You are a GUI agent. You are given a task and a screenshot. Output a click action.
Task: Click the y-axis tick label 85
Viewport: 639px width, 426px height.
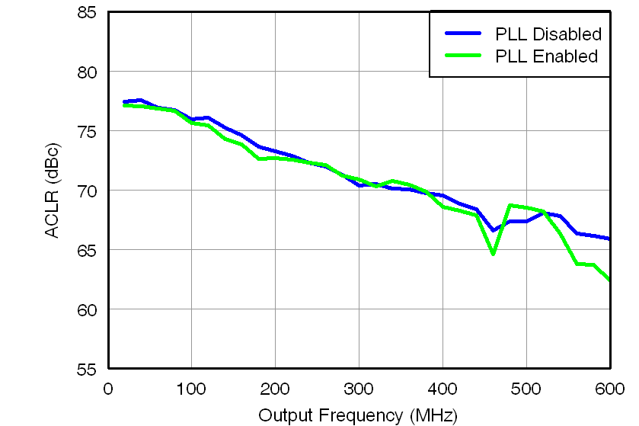click(x=86, y=13)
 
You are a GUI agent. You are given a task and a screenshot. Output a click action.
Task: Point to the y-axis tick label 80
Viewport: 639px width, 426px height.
click(x=86, y=72)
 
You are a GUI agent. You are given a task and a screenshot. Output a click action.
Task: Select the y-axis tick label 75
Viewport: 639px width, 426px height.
click(x=86, y=132)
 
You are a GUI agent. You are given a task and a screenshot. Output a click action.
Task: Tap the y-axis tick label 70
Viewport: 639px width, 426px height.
click(x=86, y=191)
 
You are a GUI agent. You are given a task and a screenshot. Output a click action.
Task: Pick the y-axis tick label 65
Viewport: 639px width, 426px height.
click(x=86, y=250)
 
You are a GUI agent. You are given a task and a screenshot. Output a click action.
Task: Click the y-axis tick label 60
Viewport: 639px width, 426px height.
click(x=86, y=309)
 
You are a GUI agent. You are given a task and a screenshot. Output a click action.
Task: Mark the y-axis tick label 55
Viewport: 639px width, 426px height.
click(x=86, y=369)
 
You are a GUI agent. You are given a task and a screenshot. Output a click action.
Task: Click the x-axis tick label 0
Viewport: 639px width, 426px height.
click(x=107, y=389)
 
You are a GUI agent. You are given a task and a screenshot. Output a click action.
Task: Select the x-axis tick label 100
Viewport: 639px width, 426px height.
click(x=191, y=389)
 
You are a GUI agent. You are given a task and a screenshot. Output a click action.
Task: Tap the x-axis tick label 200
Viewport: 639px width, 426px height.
click(x=275, y=389)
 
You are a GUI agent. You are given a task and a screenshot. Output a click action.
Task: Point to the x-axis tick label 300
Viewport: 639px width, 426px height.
click(x=359, y=389)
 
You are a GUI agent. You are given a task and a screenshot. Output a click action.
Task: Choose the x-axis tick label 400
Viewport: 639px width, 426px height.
click(x=443, y=389)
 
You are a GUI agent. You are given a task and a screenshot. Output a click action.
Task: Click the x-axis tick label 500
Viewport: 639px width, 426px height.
click(x=526, y=389)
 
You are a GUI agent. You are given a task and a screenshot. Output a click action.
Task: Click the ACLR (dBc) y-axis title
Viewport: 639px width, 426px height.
click(x=52, y=190)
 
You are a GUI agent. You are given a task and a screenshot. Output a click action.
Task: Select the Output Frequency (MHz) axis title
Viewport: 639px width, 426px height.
click(x=358, y=415)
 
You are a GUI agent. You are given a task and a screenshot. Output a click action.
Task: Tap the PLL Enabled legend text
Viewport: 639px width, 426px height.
click(x=546, y=56)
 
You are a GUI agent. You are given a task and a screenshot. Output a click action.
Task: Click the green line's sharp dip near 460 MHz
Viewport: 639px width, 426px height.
click(x=493, y=253)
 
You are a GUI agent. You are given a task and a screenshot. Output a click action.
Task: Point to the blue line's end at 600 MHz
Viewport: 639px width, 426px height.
click(x=609, y=239)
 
